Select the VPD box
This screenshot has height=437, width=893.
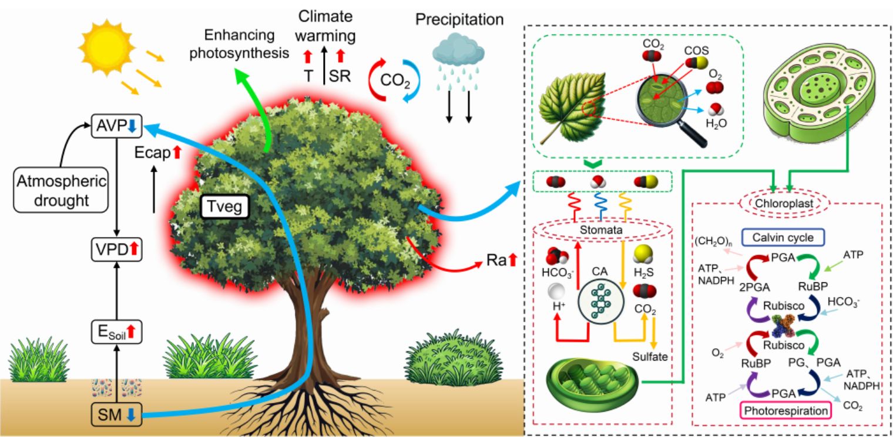[x=116, y=251]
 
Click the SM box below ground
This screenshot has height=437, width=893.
[x=116, y=415]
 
